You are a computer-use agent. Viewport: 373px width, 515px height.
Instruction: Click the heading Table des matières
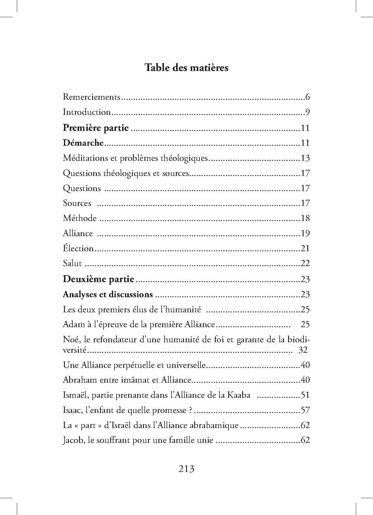(x=186, y=68)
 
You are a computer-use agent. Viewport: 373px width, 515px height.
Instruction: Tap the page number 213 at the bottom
(x=186, y=469)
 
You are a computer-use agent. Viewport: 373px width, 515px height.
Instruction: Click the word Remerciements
(x=92, y=97)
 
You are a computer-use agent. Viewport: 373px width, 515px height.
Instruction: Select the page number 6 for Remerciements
(x=307, y=97)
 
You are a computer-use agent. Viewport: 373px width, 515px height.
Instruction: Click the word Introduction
(x=87, y=112)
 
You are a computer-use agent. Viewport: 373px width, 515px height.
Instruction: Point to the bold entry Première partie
(x=96, y=128)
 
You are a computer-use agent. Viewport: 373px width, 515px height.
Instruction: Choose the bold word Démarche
(x=83, y=143)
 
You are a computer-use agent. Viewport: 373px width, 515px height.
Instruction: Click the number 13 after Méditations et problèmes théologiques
(x=305, y=158)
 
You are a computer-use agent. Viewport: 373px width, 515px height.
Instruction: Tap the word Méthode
(x=80, y=218)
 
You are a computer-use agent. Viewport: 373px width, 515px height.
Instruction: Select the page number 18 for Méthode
(x=305, y=218)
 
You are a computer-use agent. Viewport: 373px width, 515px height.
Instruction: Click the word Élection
(x=78, y=248)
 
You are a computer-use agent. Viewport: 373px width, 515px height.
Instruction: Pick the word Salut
(x=72, y=263)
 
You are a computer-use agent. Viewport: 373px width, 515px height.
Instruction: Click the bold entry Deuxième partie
(x=99, y=279)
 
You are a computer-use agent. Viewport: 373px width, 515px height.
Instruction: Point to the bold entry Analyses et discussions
(x=108, y=294)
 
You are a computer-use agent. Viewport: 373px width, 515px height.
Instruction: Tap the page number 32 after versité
(x=303, y=350)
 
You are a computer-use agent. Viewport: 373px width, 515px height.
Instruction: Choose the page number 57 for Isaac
(x=305, y=410)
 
